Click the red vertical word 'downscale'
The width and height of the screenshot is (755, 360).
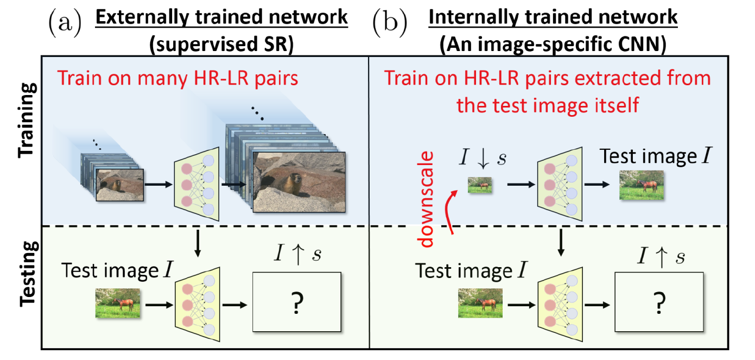pyautogui.click(x=429, y=198)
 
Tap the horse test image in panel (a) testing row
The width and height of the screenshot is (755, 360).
pyautogui.click(x=118, y=303)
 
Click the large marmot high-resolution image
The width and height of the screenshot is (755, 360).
pyautogui.click(x=299, y=182)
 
